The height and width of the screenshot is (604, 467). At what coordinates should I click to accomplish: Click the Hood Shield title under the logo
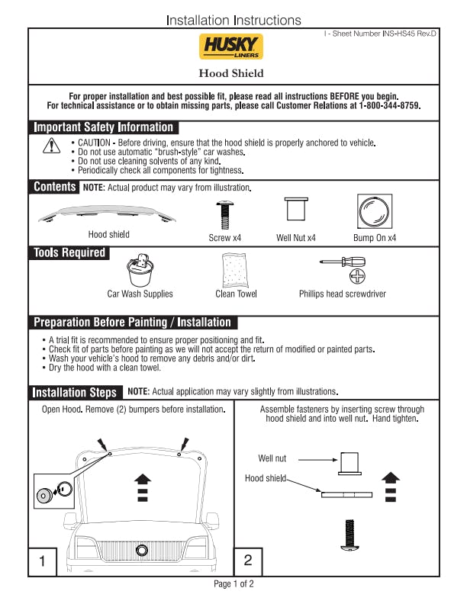(231, 73)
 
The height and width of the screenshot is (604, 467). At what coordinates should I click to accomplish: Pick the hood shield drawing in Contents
(108, 214)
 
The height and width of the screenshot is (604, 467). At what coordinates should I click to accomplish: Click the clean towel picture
(236, 269)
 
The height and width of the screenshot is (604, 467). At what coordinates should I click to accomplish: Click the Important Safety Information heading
(103, 127)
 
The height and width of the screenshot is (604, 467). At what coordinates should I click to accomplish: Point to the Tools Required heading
(69, 252)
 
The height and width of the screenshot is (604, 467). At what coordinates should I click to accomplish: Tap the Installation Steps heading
(75, 392)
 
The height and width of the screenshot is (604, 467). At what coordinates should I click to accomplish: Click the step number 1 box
(43, 561)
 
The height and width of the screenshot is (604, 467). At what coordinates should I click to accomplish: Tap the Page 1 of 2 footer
(233, 584)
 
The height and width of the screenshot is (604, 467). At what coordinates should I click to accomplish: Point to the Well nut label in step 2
(272, 458)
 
